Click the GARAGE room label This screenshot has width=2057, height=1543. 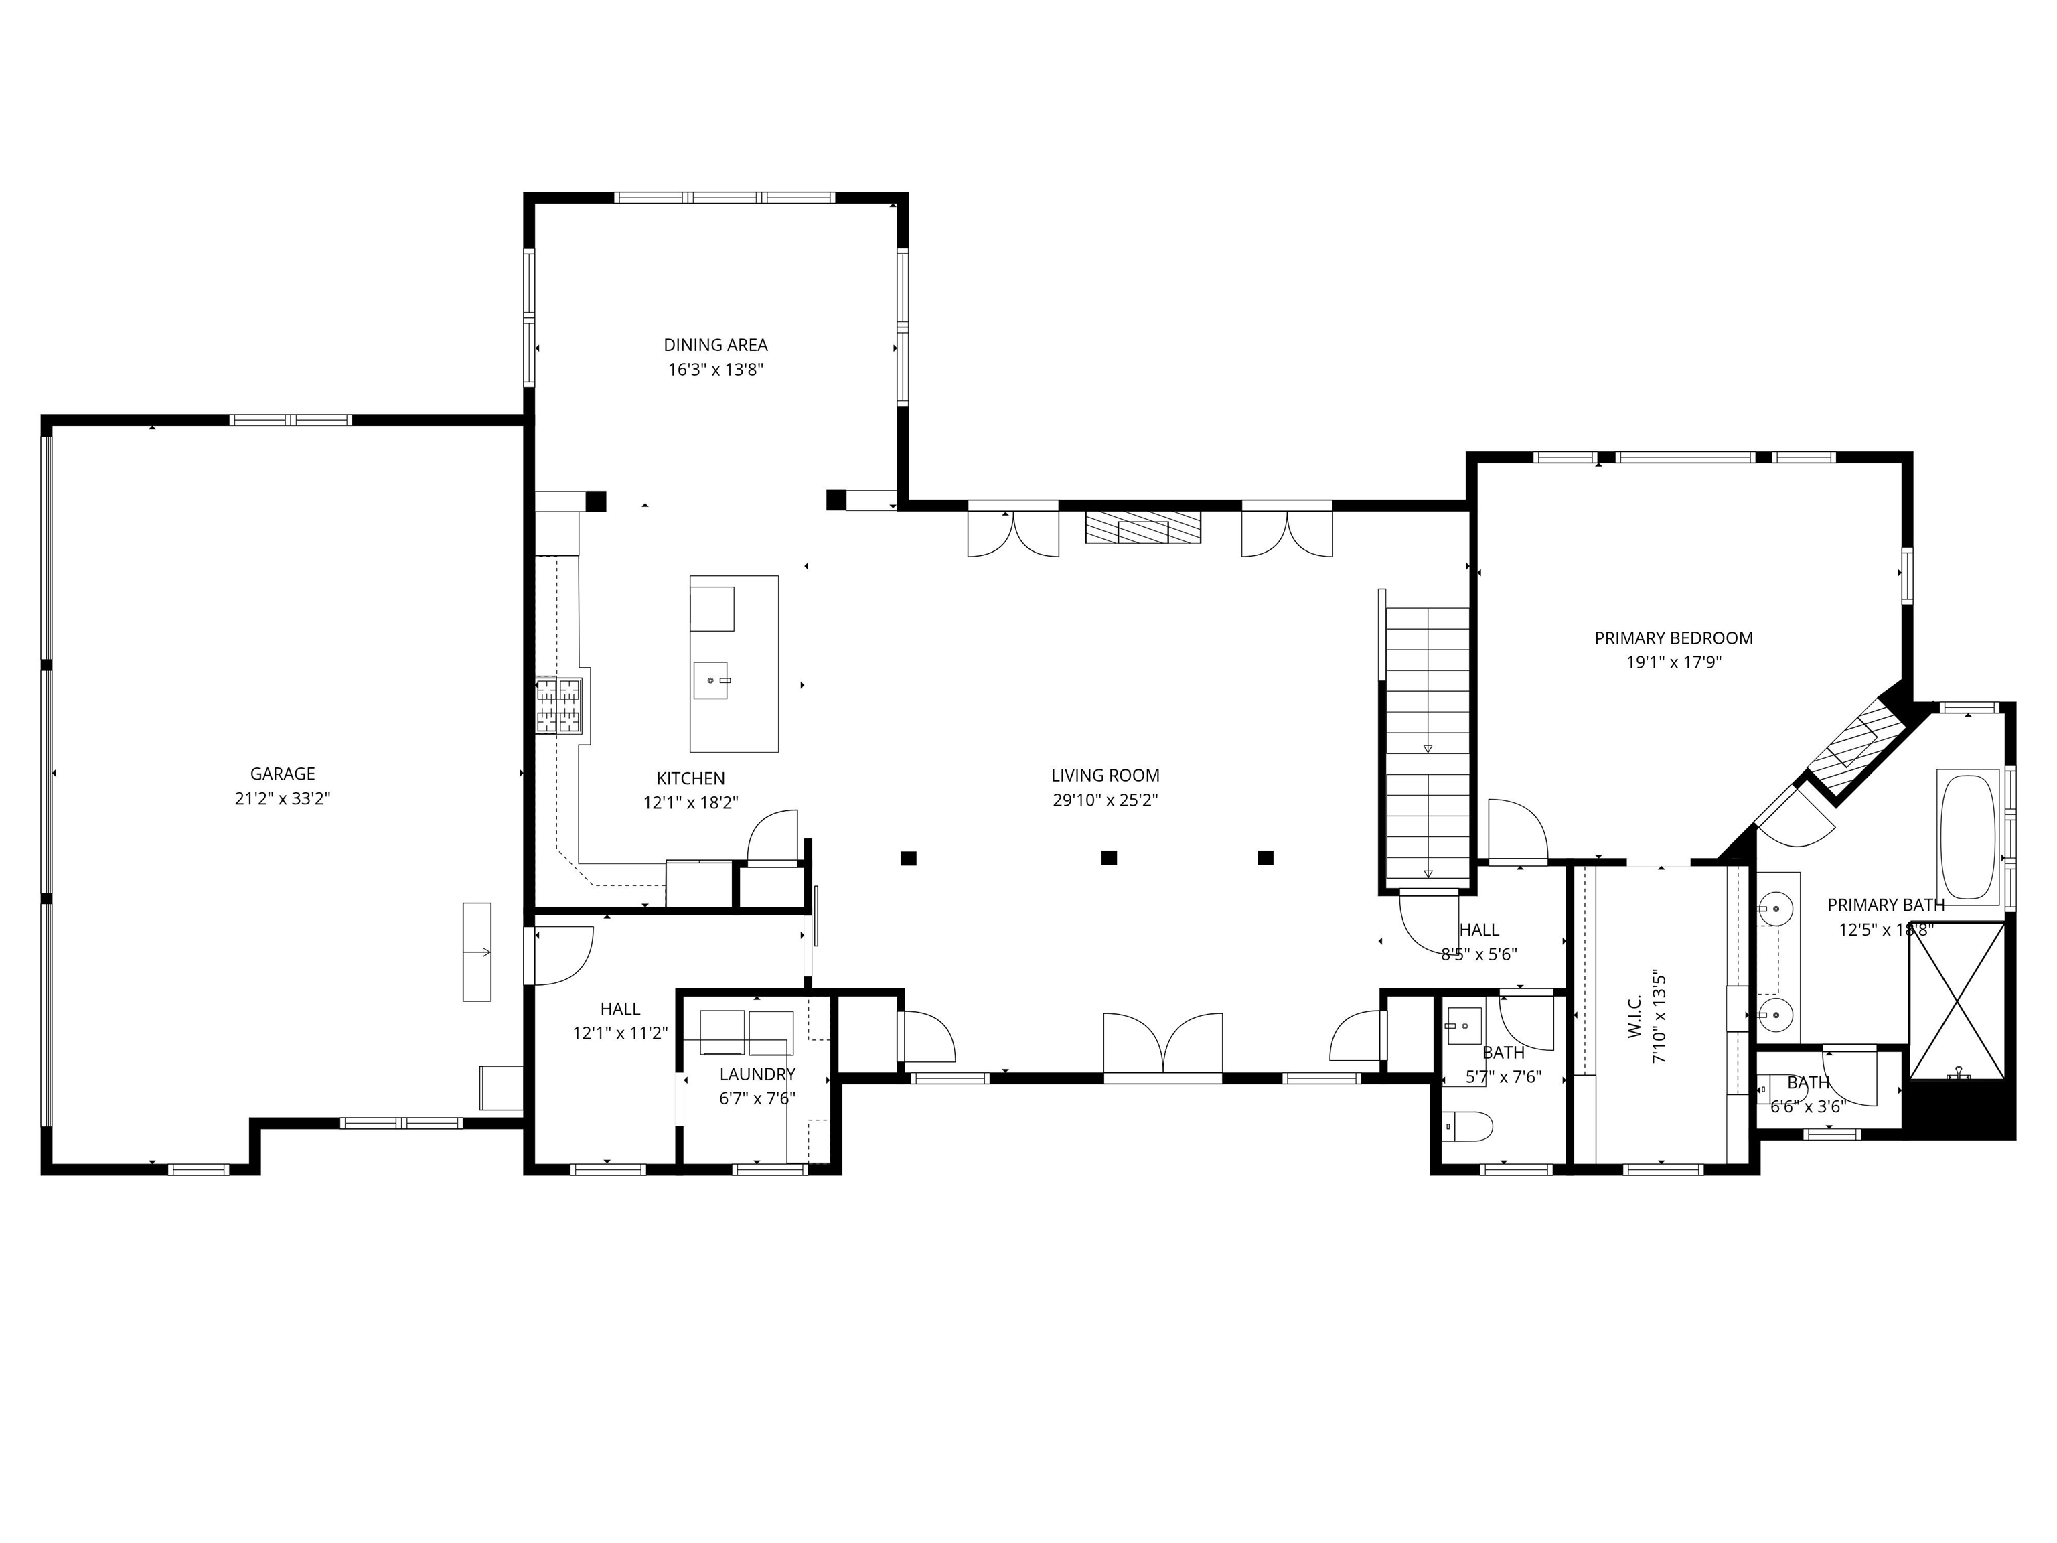[282, 774]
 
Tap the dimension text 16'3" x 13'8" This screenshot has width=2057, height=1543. [715, 369]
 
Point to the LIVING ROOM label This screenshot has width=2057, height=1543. [1105, 775]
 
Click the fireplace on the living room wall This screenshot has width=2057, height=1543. [1143, 528]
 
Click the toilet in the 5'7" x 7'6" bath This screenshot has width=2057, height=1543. [1469, 1127]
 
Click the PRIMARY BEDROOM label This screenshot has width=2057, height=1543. [1673, 638]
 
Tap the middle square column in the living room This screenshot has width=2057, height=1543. [1108, 857]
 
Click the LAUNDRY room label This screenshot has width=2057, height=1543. [757, 1074]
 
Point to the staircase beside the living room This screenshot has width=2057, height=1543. [1428, 744]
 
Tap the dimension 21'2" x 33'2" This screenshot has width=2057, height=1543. [282, 799]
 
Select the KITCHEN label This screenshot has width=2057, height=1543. [690, 778]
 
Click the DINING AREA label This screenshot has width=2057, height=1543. [715, 345]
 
